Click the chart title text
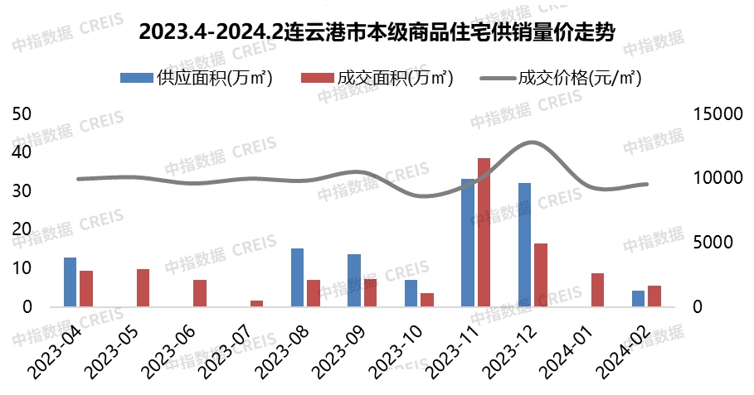point(377,32)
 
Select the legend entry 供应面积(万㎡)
point(197,78)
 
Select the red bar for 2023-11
point(484,232)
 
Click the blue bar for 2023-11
point(468,243)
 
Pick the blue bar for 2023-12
point(524,244)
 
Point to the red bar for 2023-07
point(256,303)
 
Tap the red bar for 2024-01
point(597,290)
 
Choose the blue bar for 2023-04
point(70,282)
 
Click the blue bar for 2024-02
point(638,298)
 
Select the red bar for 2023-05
point(143,287)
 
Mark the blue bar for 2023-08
point(297,277)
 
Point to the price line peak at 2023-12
point(531,142)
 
